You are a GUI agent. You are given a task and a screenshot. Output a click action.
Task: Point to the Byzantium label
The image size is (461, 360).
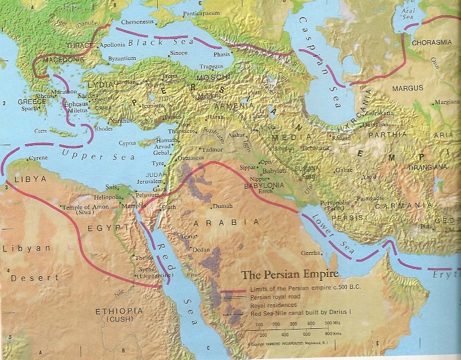(x=123, y=58)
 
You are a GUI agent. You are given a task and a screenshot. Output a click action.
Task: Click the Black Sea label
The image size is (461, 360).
(x=146, y=42)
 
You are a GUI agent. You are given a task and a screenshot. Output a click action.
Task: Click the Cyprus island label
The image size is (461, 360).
(x=127, y=144)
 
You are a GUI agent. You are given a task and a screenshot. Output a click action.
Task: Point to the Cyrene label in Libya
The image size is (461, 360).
(x=38, y=158)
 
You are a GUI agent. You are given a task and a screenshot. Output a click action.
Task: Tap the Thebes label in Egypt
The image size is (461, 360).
(x=141, y=258)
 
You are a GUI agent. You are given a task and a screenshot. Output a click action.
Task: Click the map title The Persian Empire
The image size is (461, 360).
(x=290, y=275)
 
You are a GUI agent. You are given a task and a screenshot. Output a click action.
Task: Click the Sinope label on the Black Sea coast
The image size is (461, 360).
(x=178, y=53)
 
